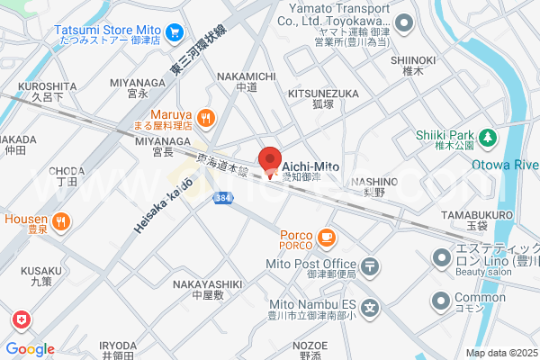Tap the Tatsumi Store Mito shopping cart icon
click(x=175, y=34)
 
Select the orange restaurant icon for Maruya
click(x=206, y=116)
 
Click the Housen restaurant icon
click(x=60, y=220)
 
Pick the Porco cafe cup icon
click(x=326, y=237)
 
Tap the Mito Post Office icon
click(x=371, y=266)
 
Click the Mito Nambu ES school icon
click(x=371, y=306)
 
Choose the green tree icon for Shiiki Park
click(x=487, y=138)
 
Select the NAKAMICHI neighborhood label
click(x=246, y=76)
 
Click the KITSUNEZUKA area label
click(x=323, y=93)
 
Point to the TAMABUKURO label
click(x=479, y=214)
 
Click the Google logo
click(x=30, y=349)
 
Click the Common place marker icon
click(x=442, y=300)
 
